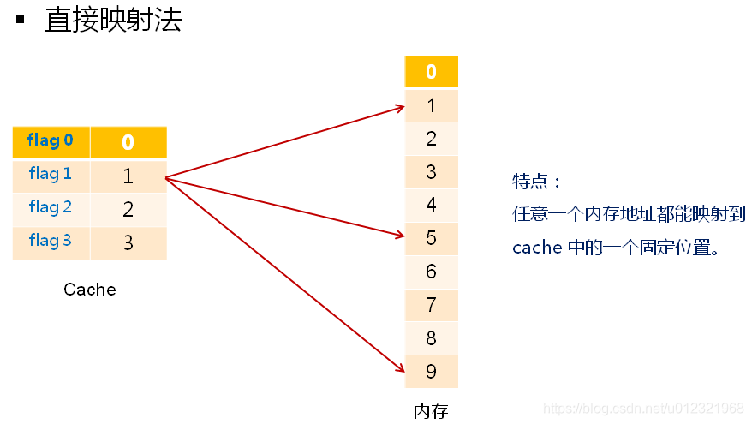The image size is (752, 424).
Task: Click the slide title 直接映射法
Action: coord(113,21)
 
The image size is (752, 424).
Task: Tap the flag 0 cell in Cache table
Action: coord(51,140)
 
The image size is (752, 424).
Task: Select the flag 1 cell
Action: coord(51,174)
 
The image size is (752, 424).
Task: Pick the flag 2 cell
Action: coord(51,207)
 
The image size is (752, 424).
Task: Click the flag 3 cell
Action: coord(51,241)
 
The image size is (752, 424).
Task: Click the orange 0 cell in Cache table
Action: coord(128,142)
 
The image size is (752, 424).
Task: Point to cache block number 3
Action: coord(128,242)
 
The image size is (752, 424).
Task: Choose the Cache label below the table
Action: coord(89,290)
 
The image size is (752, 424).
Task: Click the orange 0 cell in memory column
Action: coord(431,72)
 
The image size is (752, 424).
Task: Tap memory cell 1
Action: coord(431,105)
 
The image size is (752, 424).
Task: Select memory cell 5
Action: coord(431,237)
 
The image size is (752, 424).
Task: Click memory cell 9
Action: coord(431,372)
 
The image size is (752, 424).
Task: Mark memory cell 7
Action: coord(431,305)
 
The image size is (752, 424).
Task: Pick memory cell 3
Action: coord(431,171)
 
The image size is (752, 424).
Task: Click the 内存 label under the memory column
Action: coord(431,410)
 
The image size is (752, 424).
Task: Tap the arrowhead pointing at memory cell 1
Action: coord(400,107)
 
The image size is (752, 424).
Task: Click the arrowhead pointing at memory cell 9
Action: coord(400,369)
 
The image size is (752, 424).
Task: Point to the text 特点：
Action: coord(537,182)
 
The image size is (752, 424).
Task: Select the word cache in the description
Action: coord(536,248)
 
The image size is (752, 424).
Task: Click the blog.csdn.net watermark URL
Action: coord(644,408)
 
